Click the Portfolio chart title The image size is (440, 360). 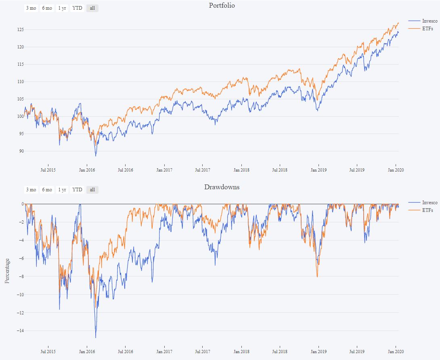click(x=222, y=6)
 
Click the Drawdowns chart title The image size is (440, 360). click(x=222, y=187)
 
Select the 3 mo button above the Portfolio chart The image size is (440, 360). click(x=31, y=8)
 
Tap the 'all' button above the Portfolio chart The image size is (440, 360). click(x=92, y=8)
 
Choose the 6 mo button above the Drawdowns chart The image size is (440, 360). click(x=47, y=190)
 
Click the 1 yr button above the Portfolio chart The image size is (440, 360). click(x=62, y=8)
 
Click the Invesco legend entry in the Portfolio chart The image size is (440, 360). click(x=430, y=21)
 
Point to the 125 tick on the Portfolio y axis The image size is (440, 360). click(x=19, y=30)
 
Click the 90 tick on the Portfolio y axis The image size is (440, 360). click(x=20, y=151)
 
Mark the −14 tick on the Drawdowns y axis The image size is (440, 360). click(x=17, y=331)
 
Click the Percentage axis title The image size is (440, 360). click(x=7, y=271)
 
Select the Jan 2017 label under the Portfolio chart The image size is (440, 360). click(x=164, y=170)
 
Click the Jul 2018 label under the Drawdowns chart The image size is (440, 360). click(x=280, y=352)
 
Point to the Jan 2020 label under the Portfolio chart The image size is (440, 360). click(x=395, y=170)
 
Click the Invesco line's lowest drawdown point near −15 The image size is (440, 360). click(x=96, y=337)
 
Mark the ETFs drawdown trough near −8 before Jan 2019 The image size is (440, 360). click(x=317, y=277)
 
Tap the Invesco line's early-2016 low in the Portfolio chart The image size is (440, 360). click(x=96, y=156)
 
